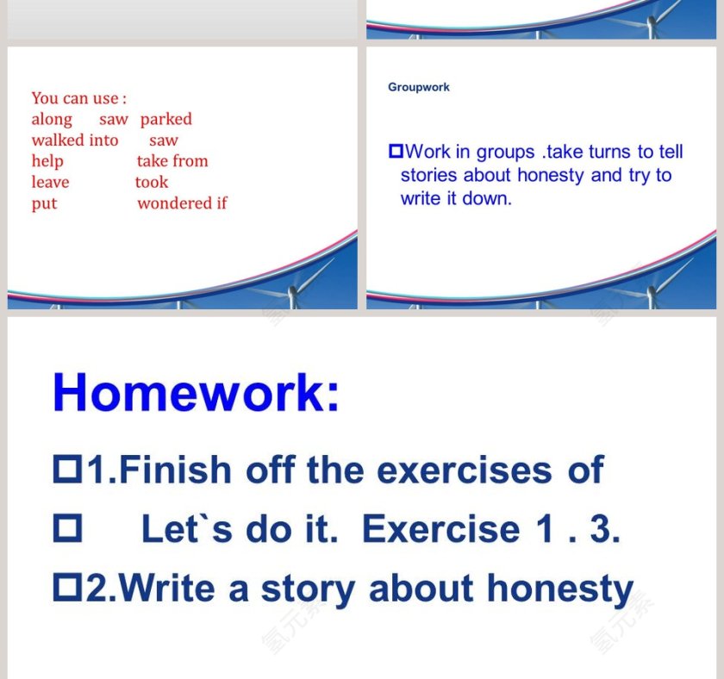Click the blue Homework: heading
(196, 393)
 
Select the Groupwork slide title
(419, 87)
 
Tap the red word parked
(166, 119)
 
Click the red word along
(52, 119)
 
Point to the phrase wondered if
(182, 203)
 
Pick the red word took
(152, 182)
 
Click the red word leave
(50, 182)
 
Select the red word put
(44, 203)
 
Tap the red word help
(47, 161)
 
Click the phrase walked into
(75, 140)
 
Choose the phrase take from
(172, 161)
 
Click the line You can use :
(79, 98)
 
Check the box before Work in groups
(396, 152)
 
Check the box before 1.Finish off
(67, 470)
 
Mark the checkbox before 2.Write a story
(67, 589)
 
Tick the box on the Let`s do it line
(67, 529)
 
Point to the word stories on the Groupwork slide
(429, 175)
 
